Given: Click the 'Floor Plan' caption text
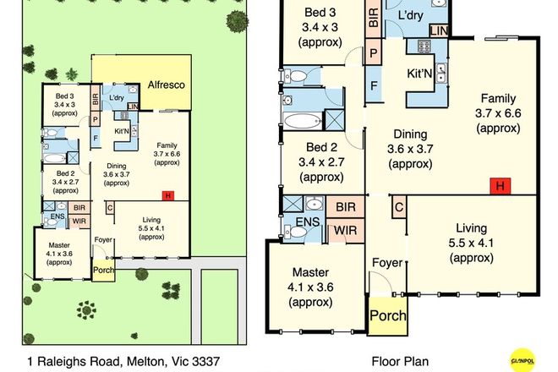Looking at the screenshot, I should [x=400, y=361].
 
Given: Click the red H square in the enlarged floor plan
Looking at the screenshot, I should [x=501, y=185].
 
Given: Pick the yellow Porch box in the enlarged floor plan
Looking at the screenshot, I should [x=387, y=316].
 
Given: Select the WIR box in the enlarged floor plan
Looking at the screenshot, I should [x=345, y=229].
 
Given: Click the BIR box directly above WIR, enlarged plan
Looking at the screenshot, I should [x=345, y=206].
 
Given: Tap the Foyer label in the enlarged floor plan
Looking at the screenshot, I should [x=386, y=263].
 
